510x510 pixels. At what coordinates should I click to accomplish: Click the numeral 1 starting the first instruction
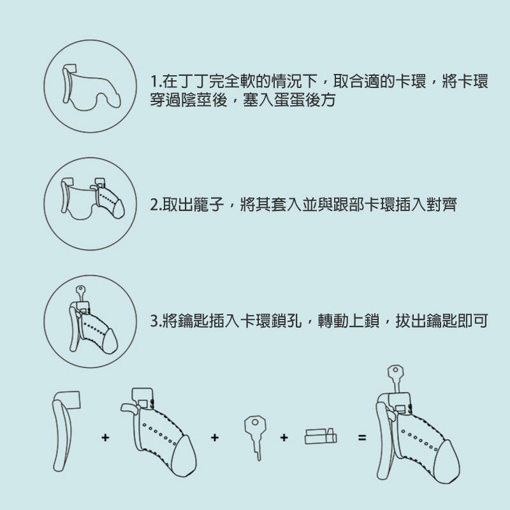154,83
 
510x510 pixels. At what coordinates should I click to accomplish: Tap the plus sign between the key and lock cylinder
284,438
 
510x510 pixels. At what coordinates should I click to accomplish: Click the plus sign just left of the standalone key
214,438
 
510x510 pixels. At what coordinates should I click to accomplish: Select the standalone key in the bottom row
254,433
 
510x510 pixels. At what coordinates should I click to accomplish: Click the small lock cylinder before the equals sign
321,437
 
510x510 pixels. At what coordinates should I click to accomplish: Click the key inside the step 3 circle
80,292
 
